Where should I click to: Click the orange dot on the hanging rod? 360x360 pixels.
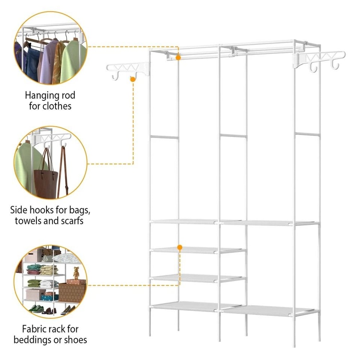pos(178,57)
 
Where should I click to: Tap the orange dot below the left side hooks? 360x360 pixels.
pos(133,79)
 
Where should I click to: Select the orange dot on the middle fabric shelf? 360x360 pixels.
pos(180,247)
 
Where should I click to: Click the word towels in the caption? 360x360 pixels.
pos(28,221)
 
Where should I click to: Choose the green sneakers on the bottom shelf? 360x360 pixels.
pos(36,309)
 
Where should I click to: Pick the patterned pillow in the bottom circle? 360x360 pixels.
pos(66,258)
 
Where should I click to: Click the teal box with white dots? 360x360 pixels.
pos(49,297)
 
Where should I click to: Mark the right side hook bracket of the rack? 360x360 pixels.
pos(319,59)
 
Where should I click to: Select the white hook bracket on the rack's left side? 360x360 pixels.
pos(128,69)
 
